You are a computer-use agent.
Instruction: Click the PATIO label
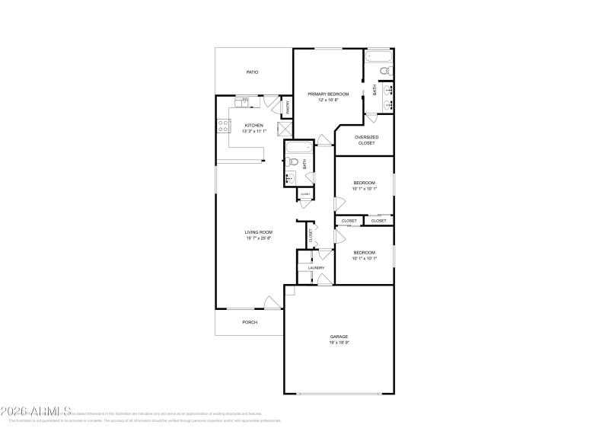tap(252, 72)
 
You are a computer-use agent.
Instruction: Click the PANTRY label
tap(287, 108)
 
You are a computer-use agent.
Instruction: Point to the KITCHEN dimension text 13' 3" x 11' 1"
tap(253, 131)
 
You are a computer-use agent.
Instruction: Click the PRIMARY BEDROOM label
tap(328, 94)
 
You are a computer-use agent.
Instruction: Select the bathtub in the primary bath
tap(378, 56)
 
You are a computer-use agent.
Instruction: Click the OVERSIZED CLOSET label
tap(367, 140)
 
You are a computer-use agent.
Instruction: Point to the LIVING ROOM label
tap(258, 232)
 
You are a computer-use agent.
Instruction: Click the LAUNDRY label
tap(316, 268)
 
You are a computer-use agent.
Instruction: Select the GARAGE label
tap(339, 337)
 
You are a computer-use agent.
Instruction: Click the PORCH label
tap(250, 322)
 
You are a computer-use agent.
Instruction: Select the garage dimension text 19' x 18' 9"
tap(339, 343)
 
